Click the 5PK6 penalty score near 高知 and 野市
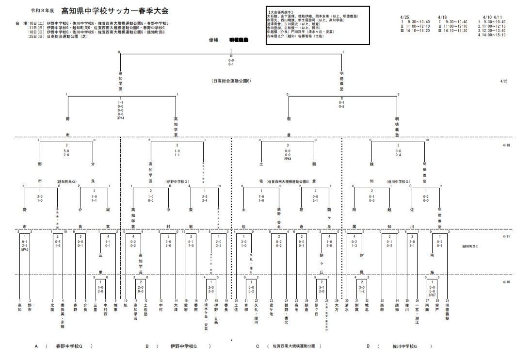tap(25, 249)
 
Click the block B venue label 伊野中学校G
tap(183, 346)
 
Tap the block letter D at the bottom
tap(368, 346)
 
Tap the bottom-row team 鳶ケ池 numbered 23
tap(272, 311)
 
